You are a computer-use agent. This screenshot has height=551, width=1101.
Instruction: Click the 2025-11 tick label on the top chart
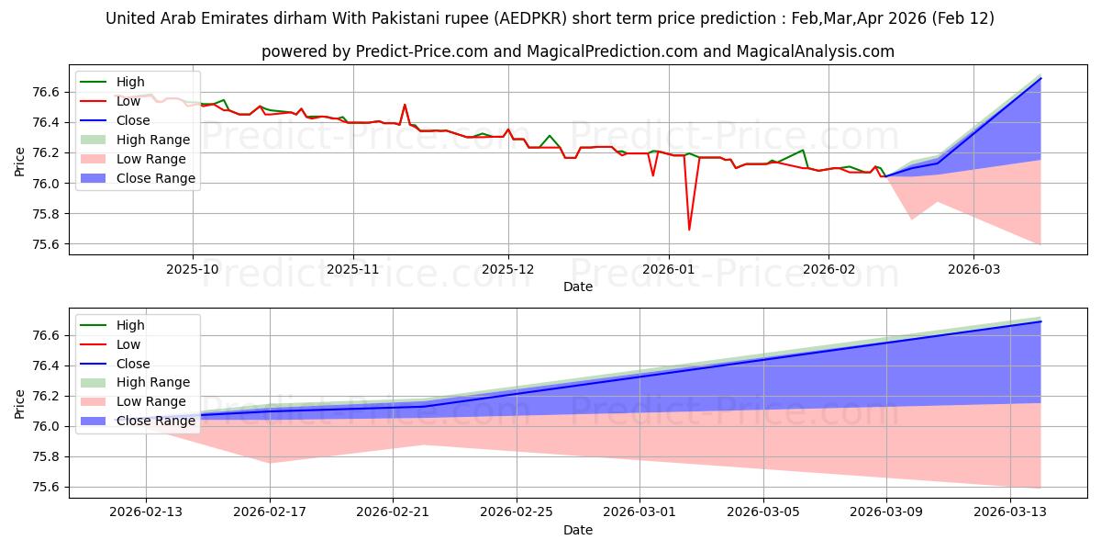pyautogui.click(x=353, y=271)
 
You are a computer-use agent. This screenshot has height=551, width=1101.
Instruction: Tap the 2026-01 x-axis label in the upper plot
pyautogui.click(x=668, y=271)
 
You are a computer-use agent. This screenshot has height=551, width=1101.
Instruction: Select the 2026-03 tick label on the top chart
pyautogui.click(x=973, y=271)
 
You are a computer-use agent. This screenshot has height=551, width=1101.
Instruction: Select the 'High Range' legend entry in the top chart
pyautogui.click(x=153, y=140)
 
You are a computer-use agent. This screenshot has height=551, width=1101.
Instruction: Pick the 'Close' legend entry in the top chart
pyautogui.click(x=133, y=120)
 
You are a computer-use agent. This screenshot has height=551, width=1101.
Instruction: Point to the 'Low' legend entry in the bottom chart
pyautogui.click(x=128, y=344)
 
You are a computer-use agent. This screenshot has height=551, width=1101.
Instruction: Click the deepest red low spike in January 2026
pyautogui.click(x=689, y=230)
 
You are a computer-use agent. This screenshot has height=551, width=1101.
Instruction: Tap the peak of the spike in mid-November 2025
pyautogui.click(x=405, y=105)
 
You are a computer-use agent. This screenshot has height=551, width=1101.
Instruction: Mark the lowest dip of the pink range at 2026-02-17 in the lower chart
pyautogui.click(x=270, y=462)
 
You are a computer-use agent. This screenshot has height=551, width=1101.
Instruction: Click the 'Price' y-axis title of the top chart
pyautogui.click(x=20, y=163)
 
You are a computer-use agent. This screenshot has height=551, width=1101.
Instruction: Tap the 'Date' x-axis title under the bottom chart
pyautogui.click(x=578, y=530)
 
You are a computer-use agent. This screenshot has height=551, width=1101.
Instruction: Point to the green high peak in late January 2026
pyautogui.click(x=803, y=150)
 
